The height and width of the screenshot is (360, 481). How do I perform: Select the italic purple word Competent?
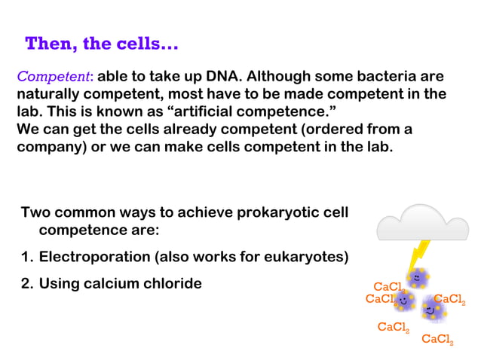coord(54,77)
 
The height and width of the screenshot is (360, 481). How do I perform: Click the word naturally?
coord(49,94)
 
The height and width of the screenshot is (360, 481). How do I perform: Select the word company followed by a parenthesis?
coord(49,146)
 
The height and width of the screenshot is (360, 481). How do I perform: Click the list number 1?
coord(26,257)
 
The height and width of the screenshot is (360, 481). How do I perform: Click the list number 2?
coord(26,283)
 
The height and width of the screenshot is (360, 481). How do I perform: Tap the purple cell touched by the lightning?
coord(417,279)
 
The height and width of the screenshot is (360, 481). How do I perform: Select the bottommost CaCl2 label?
coord(437,340)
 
